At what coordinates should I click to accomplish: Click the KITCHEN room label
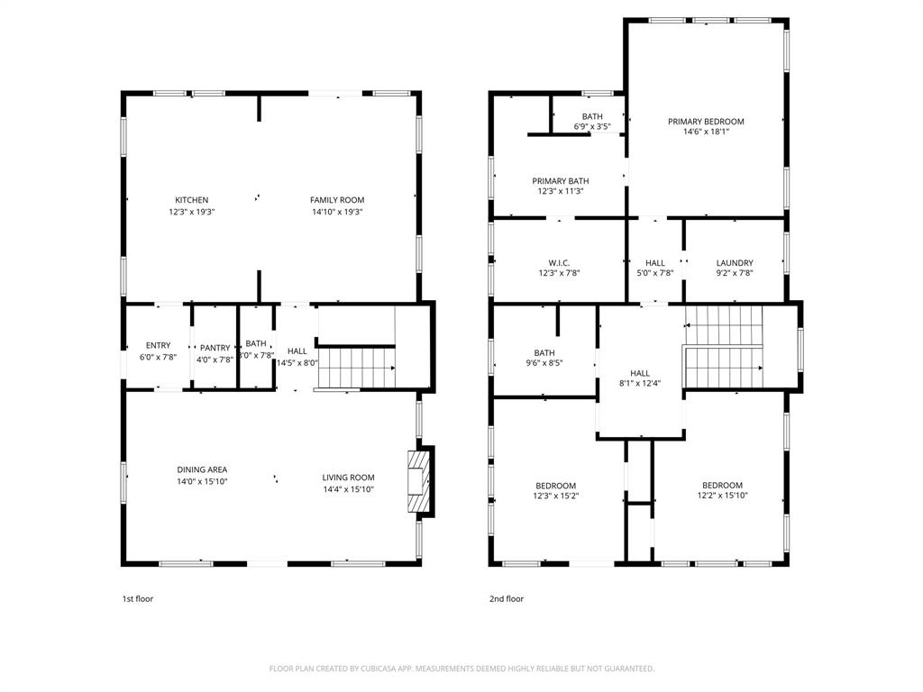(191, 200)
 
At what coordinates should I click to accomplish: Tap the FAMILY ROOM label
(337, 200)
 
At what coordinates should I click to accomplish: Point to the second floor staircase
(724, 348)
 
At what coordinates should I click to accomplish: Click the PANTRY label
(215, 348)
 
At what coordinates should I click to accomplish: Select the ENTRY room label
(158, 346)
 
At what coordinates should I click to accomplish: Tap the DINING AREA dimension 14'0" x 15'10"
(202, 481)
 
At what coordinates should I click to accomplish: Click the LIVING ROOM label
(349, 478)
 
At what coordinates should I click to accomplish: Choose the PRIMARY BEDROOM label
(706, 122)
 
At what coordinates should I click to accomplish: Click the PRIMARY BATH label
(561, 180)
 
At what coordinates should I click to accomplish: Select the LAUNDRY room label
(735, 263)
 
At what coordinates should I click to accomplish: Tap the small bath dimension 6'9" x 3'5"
(592, 127)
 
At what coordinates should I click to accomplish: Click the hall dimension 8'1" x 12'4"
(640, 385)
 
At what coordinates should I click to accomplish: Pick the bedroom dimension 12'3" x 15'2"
(556, 496)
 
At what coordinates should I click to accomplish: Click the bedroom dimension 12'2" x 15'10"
(722, 496)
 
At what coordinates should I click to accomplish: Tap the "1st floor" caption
(138, 598)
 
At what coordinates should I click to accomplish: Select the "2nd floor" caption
(506, 598)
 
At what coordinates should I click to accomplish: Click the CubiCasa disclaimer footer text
(461, 669)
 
